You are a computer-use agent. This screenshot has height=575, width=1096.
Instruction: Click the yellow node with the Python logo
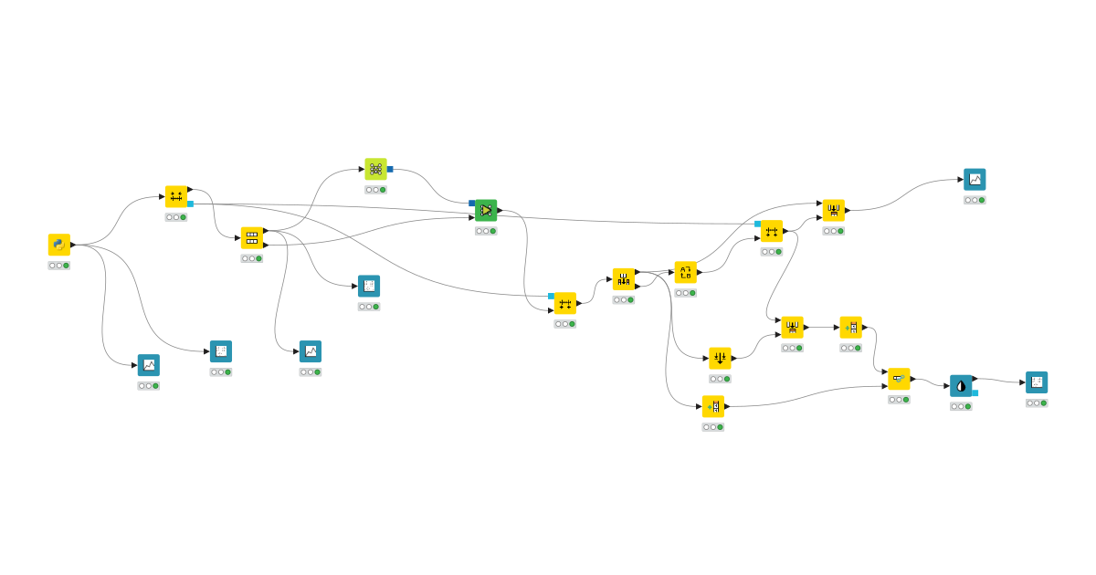click(x=59, y=245)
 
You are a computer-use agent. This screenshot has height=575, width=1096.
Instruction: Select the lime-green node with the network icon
click(x=375, y=169)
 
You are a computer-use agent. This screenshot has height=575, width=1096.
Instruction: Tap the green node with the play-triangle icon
click(x=486, y=211)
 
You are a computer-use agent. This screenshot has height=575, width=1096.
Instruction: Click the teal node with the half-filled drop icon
click(x=961, y=385)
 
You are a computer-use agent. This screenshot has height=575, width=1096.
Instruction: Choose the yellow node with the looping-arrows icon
click(x=686, y=272)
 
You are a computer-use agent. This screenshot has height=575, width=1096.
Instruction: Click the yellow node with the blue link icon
click(x=899, y=379)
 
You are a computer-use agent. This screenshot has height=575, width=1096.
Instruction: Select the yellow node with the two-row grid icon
click(x=252, y=238)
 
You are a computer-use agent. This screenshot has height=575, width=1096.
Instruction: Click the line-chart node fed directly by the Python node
click(x=149, y=365)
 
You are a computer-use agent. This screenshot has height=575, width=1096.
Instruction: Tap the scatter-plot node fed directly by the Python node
click(x=221, y=351)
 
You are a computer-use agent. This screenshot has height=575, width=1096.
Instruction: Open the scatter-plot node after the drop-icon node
click(x=1037, y=382)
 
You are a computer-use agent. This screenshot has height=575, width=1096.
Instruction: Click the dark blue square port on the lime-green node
click(x=390, y=169)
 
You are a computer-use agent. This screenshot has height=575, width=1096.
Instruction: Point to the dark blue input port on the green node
click(x=472, y=203)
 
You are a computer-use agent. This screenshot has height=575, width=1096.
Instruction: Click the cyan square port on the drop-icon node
click(x=975, y=392)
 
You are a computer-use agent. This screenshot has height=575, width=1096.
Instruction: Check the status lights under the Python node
click(x=59, y=266)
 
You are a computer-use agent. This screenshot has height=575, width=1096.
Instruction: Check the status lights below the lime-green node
click(x=375, y=190)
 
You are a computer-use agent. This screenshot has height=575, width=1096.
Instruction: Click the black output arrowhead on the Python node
click(x=73, y=245)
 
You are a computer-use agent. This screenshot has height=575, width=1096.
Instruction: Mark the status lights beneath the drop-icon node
click(x=961, y=406)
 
